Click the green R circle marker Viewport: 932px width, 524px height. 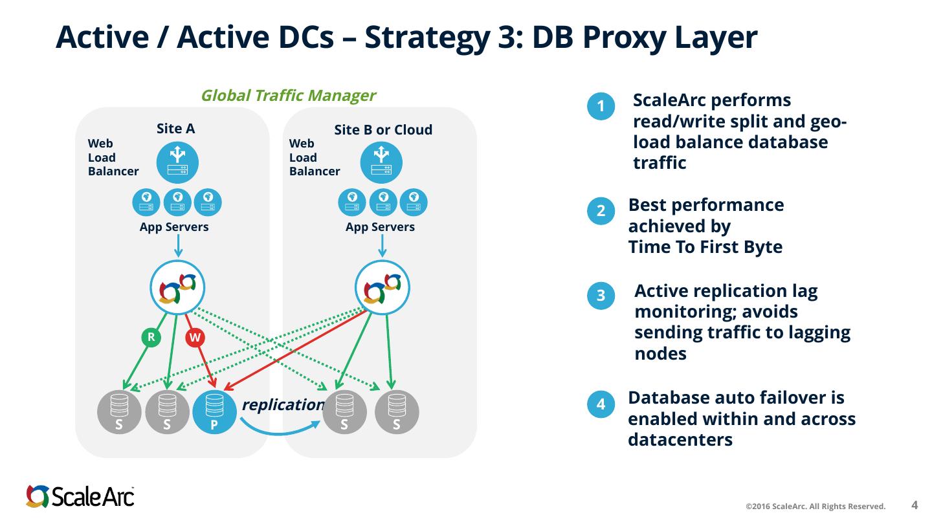click(x=151, y=337)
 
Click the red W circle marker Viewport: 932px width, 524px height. click(x=195, y=337)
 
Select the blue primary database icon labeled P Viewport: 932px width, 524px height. click(x=215, y=411)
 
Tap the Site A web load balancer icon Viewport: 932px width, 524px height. click(x=177, y=162)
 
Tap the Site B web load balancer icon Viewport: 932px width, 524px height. click(x=381, y=162)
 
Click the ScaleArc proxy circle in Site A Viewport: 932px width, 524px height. click(x=177, y=288)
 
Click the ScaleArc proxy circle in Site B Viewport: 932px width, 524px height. click(x=383, y=288)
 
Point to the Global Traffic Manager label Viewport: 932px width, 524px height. click(x=289, y=96)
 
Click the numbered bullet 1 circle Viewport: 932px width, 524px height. click(x=601, y=106)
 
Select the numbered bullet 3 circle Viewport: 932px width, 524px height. click(x=601, y=295)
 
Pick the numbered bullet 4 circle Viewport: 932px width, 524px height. click(x=601, y=404)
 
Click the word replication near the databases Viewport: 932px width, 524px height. click(x=283, y=405)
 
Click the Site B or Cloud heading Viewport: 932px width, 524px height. click(x=383, y=130)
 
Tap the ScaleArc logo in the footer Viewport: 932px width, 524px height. click(x=80, y=497)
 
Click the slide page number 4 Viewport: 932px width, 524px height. click(x=915, y=505)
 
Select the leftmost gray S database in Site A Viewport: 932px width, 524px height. click(x=119, y=411)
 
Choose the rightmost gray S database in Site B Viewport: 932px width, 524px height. click(x=397, y=411)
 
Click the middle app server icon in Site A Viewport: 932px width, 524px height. click(x=177, y=202)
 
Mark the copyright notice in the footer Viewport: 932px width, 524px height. click(x=815, y=507)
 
